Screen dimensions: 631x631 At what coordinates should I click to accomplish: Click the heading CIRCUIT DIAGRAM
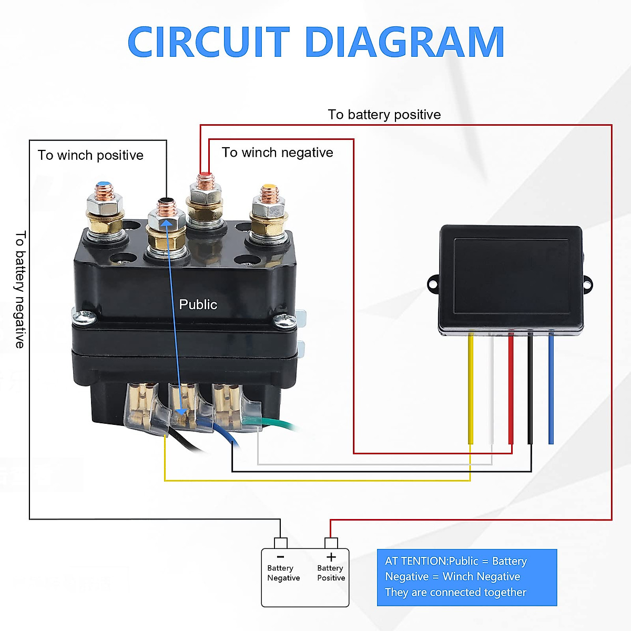tap(315, 42)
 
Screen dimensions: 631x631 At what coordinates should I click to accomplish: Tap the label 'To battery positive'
tap(384, 115)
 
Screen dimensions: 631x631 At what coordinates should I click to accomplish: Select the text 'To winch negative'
tap(277, 152)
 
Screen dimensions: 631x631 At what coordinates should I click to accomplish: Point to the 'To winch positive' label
tap(90, 155)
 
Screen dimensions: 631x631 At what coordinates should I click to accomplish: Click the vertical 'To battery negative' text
tap(21, 289)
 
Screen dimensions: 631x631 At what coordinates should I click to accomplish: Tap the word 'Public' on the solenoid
tap(198, 304)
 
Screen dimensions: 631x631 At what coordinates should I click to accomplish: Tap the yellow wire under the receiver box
tap(471, 389)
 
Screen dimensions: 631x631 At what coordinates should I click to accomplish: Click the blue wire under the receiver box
tap(551, 389)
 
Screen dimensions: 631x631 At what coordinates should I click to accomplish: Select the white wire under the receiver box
tap(491, 389)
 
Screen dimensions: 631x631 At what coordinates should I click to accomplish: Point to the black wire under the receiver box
tap(530, 389)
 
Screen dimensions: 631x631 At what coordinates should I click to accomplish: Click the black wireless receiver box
tap(510, 280)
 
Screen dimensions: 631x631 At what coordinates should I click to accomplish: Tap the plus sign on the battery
tap(331, 557)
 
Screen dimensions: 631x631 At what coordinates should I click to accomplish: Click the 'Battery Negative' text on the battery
tap(283, 573)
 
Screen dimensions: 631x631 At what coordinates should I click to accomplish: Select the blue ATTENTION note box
tap(467, 577)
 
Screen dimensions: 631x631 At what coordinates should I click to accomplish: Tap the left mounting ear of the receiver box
tap(433, 283)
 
